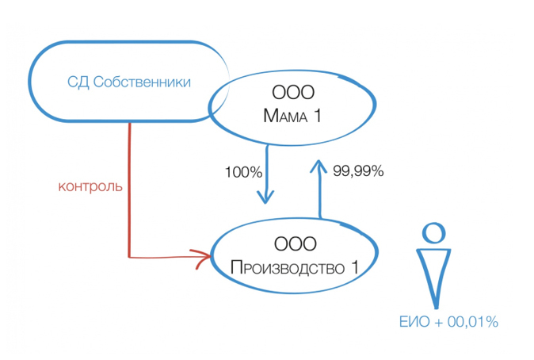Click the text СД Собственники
[130, 82]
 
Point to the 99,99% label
[358, 170]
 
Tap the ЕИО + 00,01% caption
[448, 321]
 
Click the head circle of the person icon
[433, 232]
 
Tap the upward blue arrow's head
[320, 165]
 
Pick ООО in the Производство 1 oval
[294, 244]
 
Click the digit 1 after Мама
[318, 117]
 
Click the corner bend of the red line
[129, 255]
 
